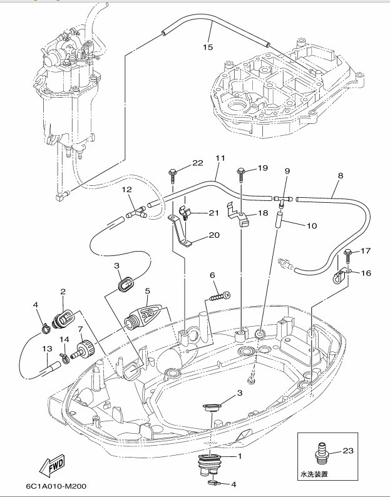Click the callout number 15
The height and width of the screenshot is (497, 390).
tap(208, 46)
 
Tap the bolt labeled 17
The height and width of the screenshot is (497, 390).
tap(347, 253)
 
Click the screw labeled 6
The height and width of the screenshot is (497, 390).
tap(217, 296)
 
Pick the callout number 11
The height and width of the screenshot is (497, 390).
tap(219, 158)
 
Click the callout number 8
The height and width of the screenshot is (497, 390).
tap(340, 176)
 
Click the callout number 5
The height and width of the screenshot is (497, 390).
tap(148, 290)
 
